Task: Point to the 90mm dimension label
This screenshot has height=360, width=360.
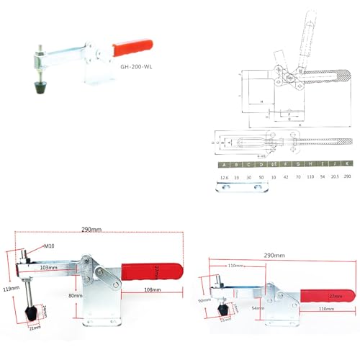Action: pos(205,300)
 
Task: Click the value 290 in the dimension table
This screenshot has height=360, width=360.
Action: pos(347,175)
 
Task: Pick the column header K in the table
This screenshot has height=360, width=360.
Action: pos(347,164)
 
